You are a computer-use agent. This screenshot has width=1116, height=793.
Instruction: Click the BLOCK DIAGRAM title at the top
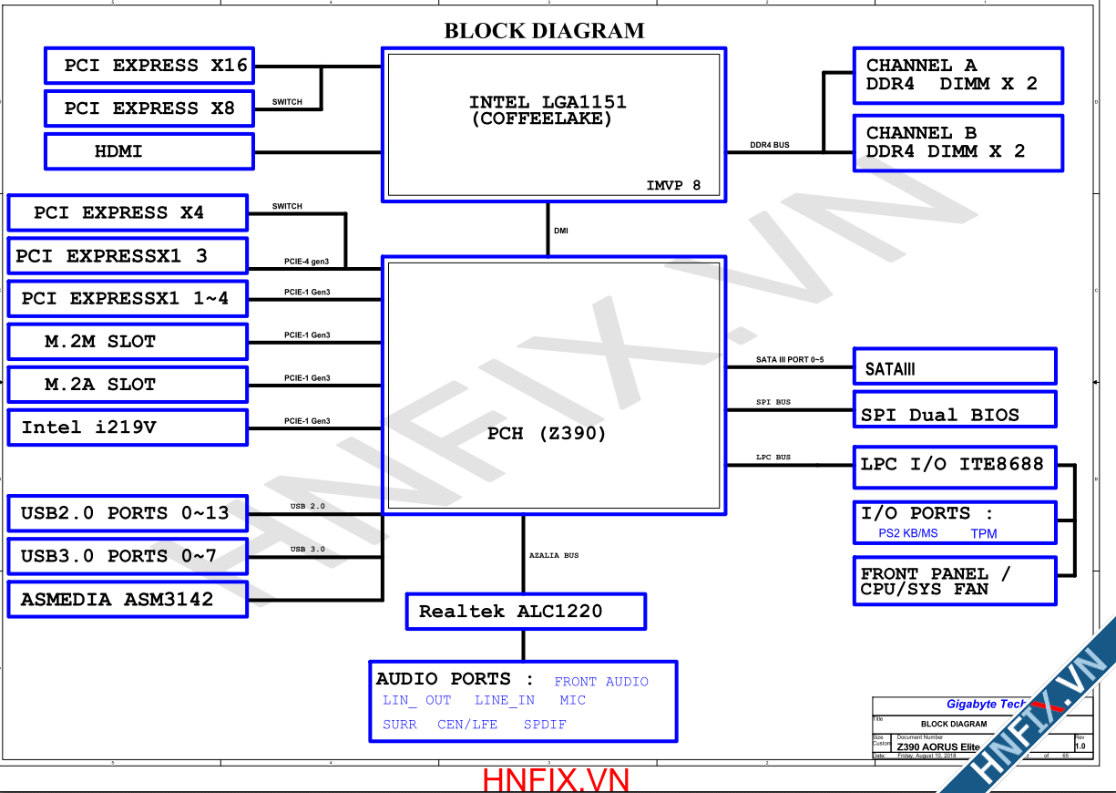tap(544, 31)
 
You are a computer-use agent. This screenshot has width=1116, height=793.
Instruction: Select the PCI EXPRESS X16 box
tap(149, 66)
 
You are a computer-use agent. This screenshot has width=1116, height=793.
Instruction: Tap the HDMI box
tap(149, 151)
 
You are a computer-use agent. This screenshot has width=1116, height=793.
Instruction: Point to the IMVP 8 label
tap(673, 186)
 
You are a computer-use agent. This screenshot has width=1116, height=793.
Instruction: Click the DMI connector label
tap(561, 231)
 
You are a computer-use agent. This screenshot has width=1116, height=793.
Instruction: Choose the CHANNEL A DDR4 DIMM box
tap(957, 75)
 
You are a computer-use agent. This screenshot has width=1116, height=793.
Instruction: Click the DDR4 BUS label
tap(769, 145)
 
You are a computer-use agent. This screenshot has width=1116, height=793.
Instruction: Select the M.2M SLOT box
tap(127, 342)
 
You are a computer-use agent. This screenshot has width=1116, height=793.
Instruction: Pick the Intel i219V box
tap(127, 427)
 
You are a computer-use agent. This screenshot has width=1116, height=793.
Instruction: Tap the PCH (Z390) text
tap(547, 434)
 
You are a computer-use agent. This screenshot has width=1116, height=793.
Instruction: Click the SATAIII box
tap(954, 366)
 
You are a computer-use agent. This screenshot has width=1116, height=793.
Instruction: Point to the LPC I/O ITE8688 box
tap(954, 466)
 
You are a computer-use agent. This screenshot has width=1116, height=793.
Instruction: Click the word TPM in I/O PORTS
tap(984, 533)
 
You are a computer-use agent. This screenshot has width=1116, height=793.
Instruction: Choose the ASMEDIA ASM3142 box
tap(127, 600)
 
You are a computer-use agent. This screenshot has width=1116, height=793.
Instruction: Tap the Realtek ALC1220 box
tap(525, 612)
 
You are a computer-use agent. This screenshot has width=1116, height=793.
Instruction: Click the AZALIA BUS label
tap(554, 555)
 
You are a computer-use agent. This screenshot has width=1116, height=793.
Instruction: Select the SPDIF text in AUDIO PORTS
tap(545, 725)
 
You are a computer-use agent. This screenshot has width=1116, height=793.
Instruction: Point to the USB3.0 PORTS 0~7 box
tap(127, 556)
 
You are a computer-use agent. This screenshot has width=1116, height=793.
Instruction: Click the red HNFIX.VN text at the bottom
tap(556, 780)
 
